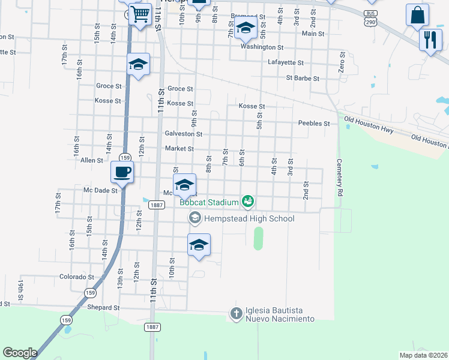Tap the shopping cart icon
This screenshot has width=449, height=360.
(140, 13)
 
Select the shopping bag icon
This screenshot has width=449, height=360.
(417, 14)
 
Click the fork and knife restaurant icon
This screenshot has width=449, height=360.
(430, 40)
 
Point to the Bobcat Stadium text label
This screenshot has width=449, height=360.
(209, 203)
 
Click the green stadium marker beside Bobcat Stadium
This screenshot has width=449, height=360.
(247, 202)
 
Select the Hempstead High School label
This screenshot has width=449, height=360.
(249, 218)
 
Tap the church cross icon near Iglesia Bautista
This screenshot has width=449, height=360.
(236, 313)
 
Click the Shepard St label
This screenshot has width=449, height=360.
(103, 307)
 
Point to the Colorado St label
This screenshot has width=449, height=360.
(77, 277)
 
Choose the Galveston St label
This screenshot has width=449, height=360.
(183, 134)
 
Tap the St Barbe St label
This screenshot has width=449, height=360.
(303, 78)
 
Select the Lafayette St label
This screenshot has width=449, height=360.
(285, 62)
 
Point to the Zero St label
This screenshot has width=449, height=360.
(342, 62)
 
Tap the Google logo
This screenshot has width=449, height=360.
(20, 353)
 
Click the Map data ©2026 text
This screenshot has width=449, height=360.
(423, 355)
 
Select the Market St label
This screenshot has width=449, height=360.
(179, 149)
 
